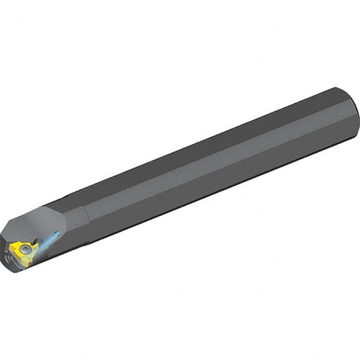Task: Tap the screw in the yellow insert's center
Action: pyautogui.click(x=26, y=248)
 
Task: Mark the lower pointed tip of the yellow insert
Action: pyautogui.click(x=26, y=265)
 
